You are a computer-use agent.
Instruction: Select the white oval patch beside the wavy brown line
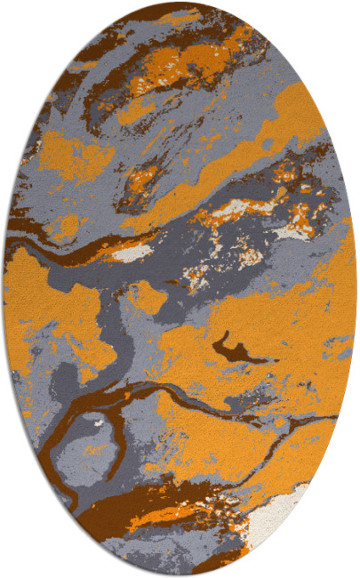(x=133, y=253)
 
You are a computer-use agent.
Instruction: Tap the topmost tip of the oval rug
(x=180, y=3)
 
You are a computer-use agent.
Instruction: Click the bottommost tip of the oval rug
(x=180, y=575)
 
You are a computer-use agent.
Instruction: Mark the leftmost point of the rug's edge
(x=4, y=289)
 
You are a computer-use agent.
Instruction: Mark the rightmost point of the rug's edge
(x=356, y=289)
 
